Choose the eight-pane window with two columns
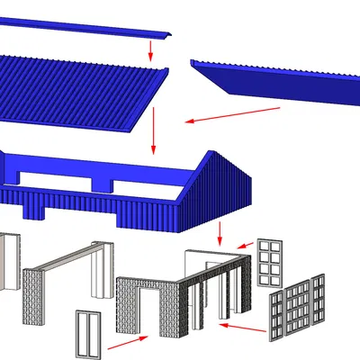coord(269,262)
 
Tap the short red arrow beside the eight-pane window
coord(244,244)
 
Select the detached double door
coord(88,334)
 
